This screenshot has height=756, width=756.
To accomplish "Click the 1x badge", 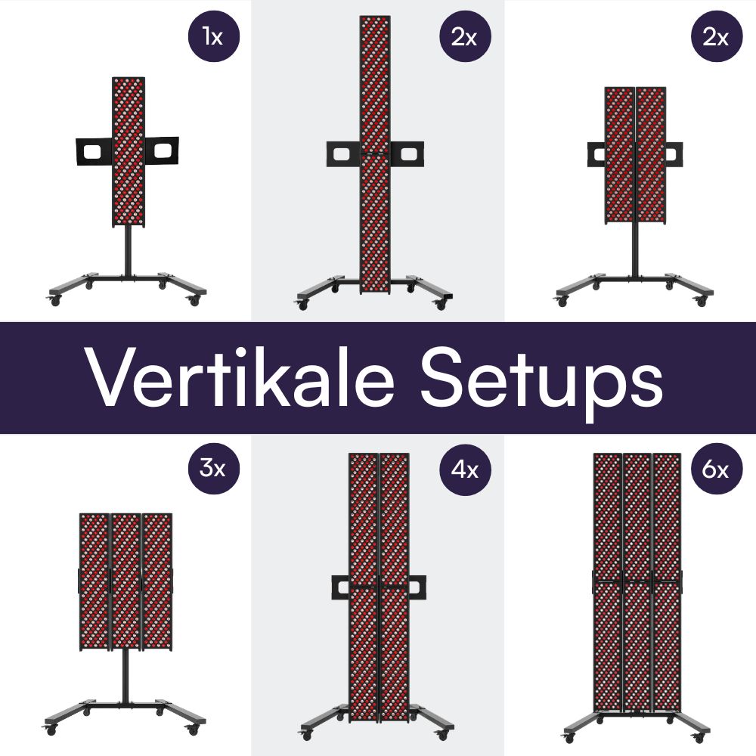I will (214, 36).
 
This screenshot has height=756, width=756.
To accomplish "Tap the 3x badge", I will (214, 469).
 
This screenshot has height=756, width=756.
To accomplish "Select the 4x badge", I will (466, 469).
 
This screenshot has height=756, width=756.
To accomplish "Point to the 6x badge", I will (717, 469).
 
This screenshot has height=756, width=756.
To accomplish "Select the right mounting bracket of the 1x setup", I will (162, 152).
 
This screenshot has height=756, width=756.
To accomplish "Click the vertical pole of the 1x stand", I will (127, 249).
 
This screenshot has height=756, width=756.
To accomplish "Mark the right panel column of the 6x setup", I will (666, 582).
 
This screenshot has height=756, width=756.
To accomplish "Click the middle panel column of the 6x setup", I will (637, 582).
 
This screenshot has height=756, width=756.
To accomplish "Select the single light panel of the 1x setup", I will (128, 151).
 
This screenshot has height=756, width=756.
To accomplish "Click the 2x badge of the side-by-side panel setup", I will (717, 36).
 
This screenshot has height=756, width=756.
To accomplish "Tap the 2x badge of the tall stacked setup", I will (466, 36).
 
